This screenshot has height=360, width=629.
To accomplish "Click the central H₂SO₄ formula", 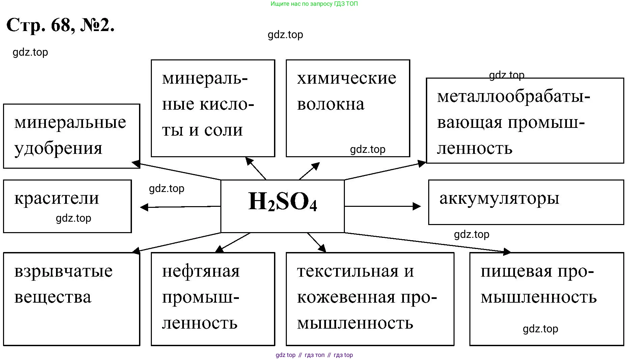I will pyautogui.click(x=282, y=202).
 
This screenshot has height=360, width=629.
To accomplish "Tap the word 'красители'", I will pyautogui.click(x=57, y=198).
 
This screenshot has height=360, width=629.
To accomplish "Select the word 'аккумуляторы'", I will pyautogui.click(x=499, y=198).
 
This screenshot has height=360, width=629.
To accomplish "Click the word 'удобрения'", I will pyautogui.click(x=58, y=148).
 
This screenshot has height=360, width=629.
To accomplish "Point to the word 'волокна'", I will pyautogui.click(x=331, y=104).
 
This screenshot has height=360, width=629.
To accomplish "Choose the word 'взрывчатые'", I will pyautogui.click(x=63, y=271).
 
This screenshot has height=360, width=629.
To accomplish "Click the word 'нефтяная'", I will pyautogui.click(x=201, y=271).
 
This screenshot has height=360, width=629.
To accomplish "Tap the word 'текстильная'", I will pyautogui.click(x=348, y=271).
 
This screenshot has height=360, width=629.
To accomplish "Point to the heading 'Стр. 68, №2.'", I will pyautogui.click(x=61, y=25).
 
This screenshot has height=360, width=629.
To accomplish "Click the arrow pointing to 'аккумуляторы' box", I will pyautogui.click(x=383, y=206).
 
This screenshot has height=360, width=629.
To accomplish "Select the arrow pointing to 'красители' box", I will pyautogui.click(x=180, y=206).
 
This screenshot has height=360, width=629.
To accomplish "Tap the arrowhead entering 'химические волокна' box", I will pyautogui.click(x=316, y=166).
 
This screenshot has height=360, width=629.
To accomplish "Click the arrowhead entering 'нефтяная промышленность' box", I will pyautogui.click(x=220, y=249).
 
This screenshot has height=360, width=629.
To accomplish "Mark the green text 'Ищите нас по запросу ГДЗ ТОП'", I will pyautogui.click(x=314, y=4).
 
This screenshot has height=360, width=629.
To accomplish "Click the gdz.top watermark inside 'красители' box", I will pyautogui.click(x=73, y=218).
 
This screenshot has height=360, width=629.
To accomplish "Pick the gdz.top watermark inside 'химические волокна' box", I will pyautogui.click(x=367, y=149).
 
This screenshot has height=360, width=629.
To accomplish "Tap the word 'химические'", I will pyautogui.click(x=347, y=78).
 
